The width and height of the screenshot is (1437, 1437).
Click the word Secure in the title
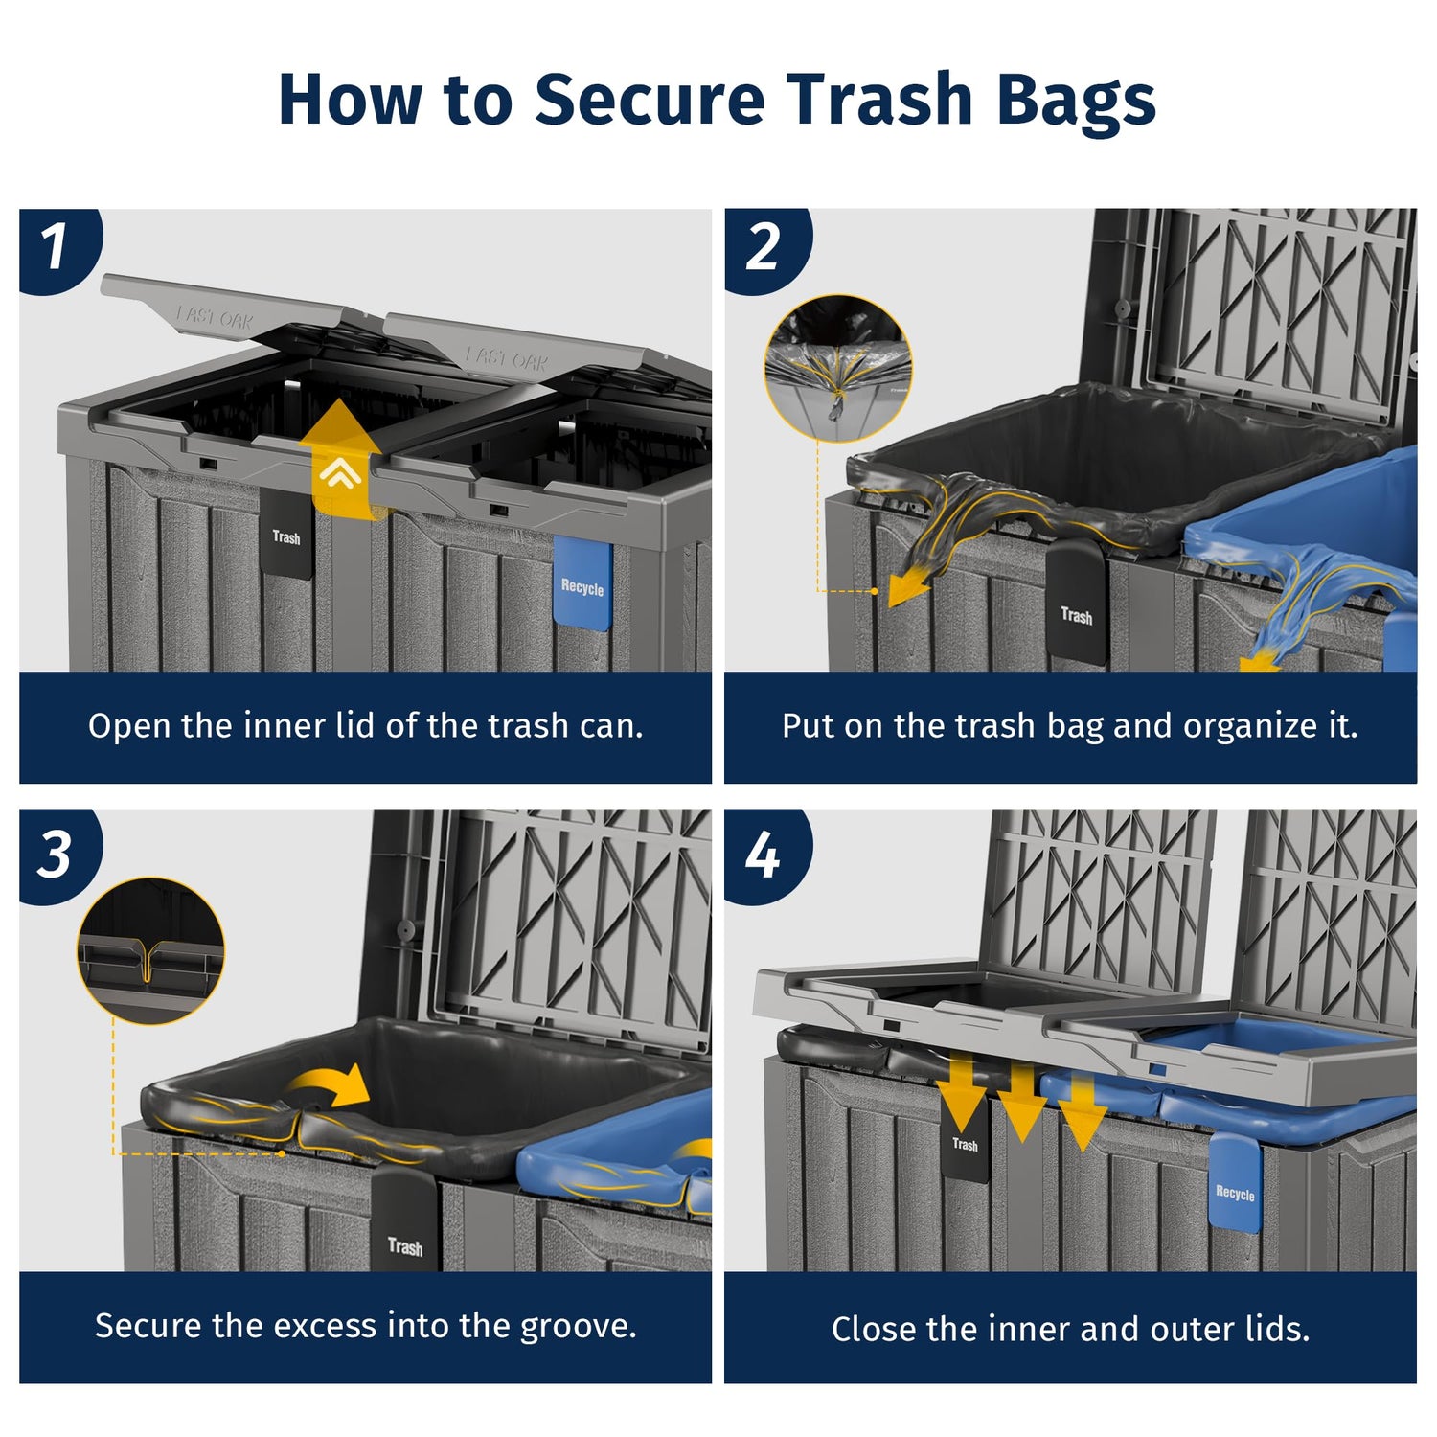pos(650,99)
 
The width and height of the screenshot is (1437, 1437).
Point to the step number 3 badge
pos(57,854)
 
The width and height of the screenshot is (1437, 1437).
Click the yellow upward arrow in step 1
pos(340,460)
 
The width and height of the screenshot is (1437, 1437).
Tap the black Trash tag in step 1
pos(286,535)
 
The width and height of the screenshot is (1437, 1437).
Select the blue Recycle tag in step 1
pos(582,583)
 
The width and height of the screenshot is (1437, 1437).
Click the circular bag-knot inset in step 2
pos(837,369)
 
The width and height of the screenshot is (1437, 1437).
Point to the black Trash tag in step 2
pos(1076,603)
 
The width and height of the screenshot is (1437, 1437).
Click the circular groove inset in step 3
pos(150,951)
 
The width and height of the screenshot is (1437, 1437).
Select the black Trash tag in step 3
pos(404,1221)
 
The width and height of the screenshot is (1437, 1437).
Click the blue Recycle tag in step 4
pos(1235,1184)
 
